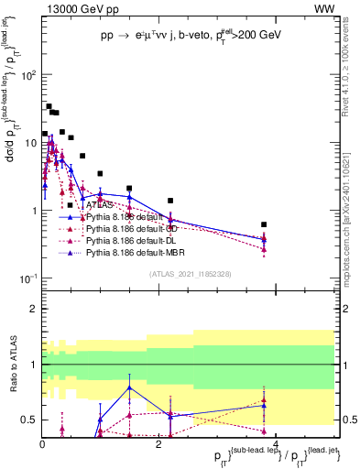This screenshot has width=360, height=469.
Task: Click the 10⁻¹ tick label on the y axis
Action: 27,278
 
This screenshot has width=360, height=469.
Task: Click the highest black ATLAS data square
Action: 49,106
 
